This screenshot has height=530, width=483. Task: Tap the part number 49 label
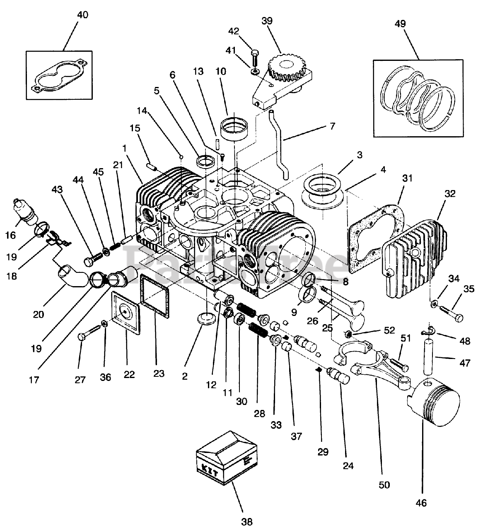[x=400, y=24]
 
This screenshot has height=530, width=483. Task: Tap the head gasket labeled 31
[x=375, y=240]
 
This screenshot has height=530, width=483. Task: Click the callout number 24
[x=348, y=465]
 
